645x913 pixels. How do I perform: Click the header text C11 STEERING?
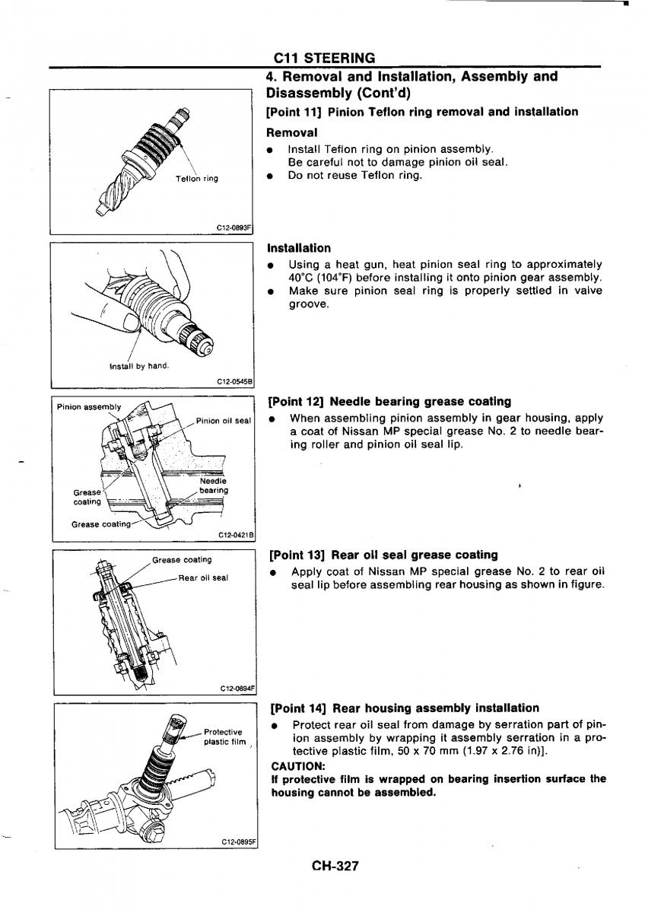click(324, 58)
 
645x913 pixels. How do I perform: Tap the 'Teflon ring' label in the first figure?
click(197, 179)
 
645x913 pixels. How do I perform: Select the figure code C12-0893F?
click(234, 229)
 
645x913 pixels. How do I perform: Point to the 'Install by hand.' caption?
click(139, 366)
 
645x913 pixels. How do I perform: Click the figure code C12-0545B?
click(235, 382)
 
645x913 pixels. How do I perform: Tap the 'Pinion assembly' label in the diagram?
click(89, 407)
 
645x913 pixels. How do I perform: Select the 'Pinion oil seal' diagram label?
click(224, 421)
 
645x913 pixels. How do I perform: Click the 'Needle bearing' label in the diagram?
click(214, 485)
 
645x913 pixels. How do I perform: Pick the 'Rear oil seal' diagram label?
click(203, 577)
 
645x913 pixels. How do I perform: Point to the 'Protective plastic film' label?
click(224, 736)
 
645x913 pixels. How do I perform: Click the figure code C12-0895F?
click(239, 841)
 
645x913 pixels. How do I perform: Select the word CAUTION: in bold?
click(297, 766)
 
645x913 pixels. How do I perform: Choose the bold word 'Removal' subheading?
click(292, 132)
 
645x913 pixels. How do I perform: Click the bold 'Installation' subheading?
click(299, 248)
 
